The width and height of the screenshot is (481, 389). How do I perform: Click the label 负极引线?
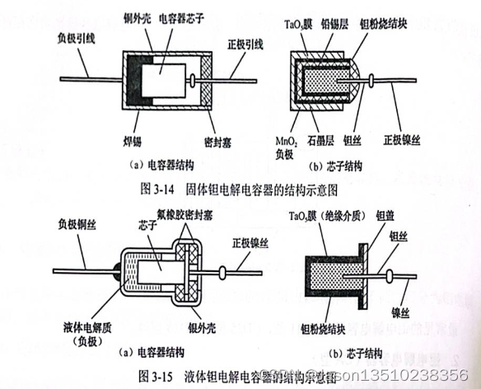[x=81, y=37]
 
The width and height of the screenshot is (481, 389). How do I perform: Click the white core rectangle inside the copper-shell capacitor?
[x=164, y=83]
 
